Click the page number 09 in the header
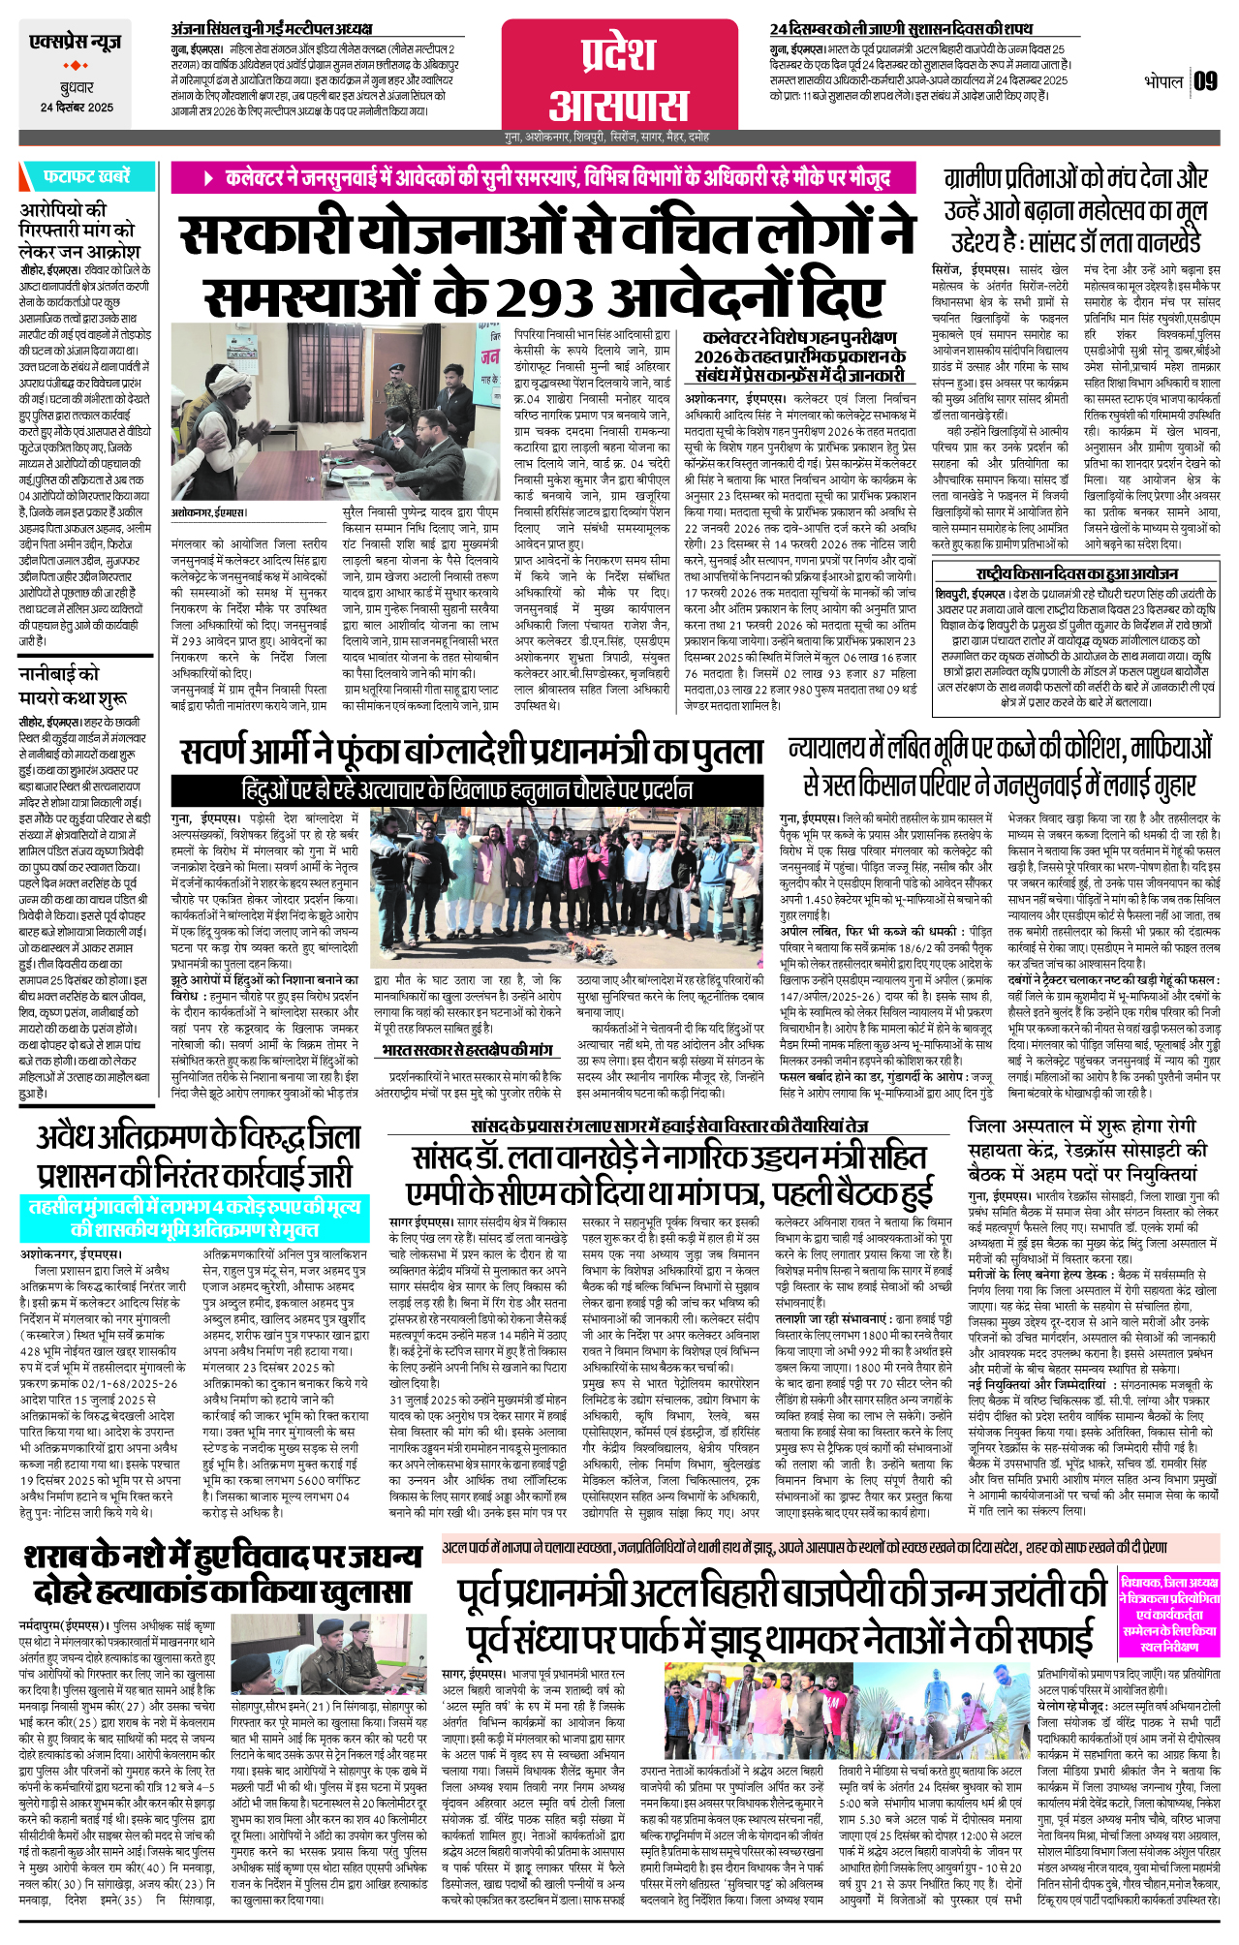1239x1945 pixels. (x=1204, y=81)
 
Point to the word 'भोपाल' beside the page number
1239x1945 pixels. (x=1162, y=81)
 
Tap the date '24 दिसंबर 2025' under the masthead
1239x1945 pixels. (x=77, y=108)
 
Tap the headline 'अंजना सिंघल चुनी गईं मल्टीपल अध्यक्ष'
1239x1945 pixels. (x=271, y=29)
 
